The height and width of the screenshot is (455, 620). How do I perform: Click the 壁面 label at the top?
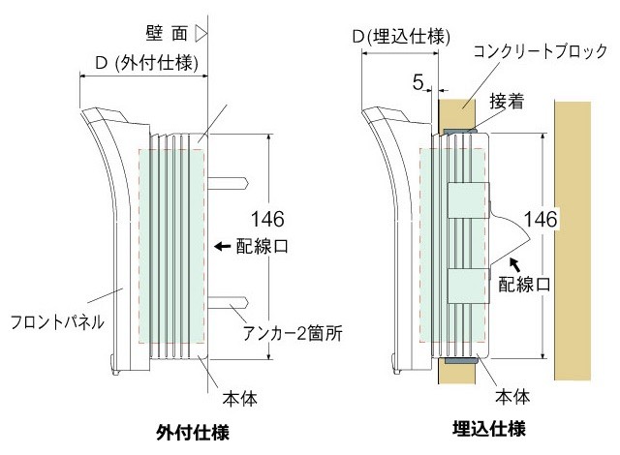[x=167, y=33]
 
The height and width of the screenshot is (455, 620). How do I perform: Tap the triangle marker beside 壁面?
[x=201, y=33]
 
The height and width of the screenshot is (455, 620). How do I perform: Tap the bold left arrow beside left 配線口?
[x=222, y=247]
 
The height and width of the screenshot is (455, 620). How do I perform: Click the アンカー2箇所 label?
[x=294, y=332]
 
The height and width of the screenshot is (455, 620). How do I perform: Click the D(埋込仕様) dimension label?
[x=400, y=37]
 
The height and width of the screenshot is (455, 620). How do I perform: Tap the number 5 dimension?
[x=418, y=83]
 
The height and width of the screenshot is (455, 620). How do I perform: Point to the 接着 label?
[x=509, y=102]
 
